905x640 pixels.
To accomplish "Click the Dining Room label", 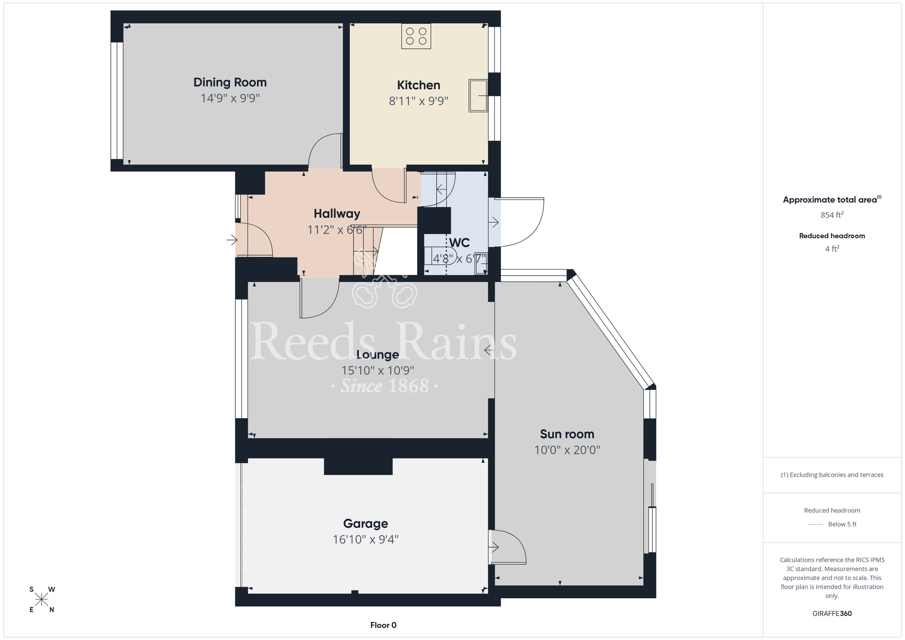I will click(x=230, y=82).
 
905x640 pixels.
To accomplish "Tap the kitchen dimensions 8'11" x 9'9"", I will click(x=419, y=101).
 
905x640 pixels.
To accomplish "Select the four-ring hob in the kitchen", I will click(x=416, y=36).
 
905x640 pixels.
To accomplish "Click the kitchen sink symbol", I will click(x=478, y=96).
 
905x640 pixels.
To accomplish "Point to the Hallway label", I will click(x=337, y=214).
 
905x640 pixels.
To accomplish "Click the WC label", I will click(x=459, y=243).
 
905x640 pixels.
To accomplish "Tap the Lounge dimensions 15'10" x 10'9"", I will click(x=378, y=371).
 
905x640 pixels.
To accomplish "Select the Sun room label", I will click(x=567, y=434).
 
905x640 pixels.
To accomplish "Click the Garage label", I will click(x=366, y=524).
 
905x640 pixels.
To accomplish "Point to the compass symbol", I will click(x=42, y=600).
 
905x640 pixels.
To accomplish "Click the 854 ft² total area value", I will click(x=832, y=215).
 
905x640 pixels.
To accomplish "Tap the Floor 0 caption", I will click(x=383, y=625).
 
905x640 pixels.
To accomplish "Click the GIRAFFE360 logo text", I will click(x=832, y=614).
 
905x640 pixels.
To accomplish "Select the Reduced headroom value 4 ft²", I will click(x=832, y=249).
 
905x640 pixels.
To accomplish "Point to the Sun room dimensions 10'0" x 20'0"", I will click(x=567, y=450).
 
